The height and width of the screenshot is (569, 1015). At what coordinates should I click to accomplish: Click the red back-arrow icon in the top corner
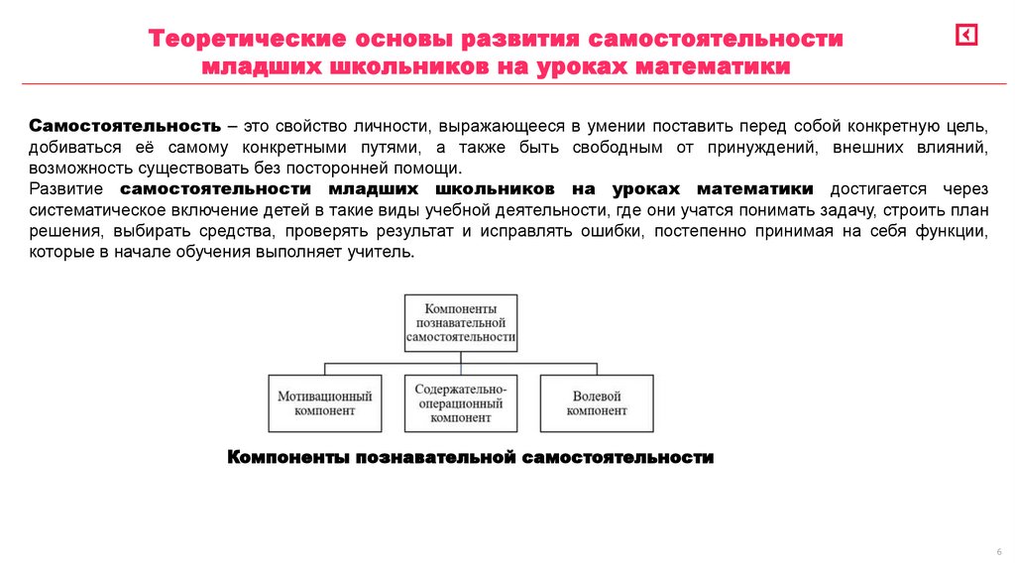coord(966,36)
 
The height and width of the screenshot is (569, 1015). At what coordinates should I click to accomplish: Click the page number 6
coord(998,552)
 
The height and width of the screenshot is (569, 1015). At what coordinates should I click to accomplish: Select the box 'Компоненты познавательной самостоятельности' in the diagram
coord(461,322)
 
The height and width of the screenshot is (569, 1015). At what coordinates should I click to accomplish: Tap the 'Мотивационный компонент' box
coord(325,402)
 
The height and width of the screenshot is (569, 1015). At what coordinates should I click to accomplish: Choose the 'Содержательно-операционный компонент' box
coord(461,402)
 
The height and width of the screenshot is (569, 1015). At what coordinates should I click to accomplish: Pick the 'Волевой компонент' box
coord(597,402)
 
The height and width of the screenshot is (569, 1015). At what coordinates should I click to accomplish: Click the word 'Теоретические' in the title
coord(246,41)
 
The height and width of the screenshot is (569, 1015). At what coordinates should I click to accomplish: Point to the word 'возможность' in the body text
coord(77,169)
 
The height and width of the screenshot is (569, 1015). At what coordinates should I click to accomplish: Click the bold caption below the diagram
coord(471,457)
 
